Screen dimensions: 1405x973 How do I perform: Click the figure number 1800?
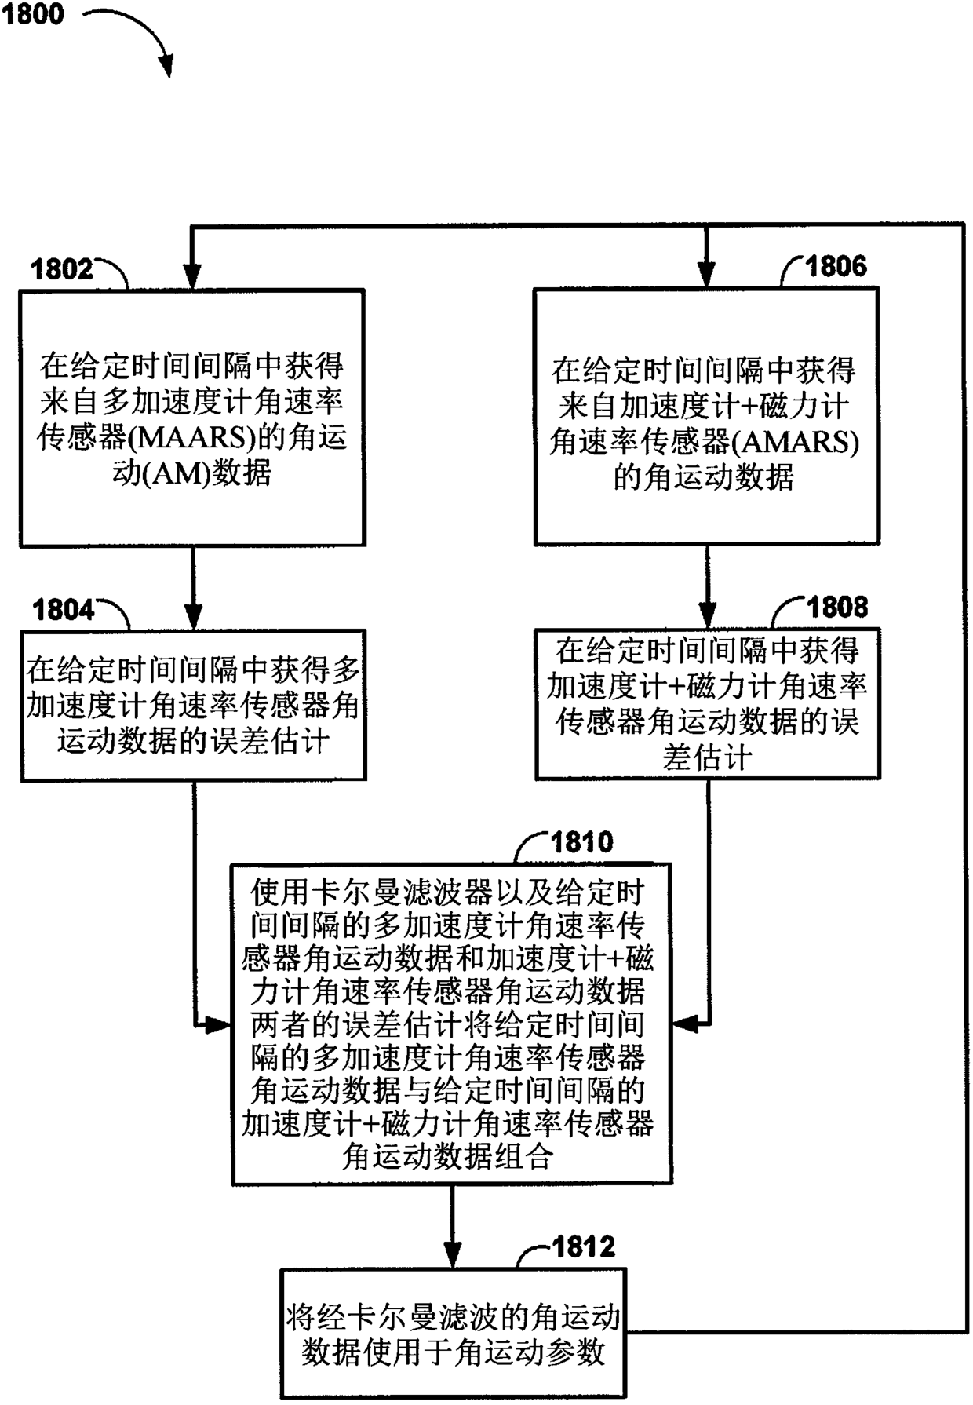click(33, 14)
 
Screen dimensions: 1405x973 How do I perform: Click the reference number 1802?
click(62, 269)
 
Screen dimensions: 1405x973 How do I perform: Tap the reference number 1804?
click(64, 610)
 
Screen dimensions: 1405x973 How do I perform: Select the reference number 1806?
click(836, 266)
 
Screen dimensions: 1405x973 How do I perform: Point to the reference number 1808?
click(838, 607)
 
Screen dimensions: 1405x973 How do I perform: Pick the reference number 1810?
click(581, 842)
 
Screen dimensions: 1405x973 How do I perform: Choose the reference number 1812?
click(584, 1246)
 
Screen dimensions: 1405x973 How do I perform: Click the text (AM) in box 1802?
click(177, 474)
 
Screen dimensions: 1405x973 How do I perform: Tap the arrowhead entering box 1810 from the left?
click(219, 1024)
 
